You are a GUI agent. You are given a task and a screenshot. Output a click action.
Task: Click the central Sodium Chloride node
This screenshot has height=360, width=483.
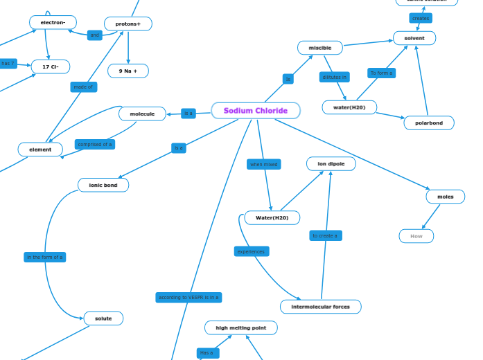pyautogui.click(x=256, y=111)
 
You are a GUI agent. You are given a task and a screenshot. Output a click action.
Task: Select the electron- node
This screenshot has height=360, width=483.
pyautogui.click(x=53, y=23)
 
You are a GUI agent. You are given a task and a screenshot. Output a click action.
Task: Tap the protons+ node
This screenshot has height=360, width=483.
pyautogui.click(x=128, y=24)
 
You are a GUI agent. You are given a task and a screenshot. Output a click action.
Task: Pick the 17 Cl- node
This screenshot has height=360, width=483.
pyautogui.click(x=51, y=67)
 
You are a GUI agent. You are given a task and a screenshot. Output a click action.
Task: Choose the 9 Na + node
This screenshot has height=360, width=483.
pyautogui.click(x=128, y=71)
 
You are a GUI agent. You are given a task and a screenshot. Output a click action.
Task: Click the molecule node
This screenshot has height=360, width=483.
pyautogui.click(x=142, y=114)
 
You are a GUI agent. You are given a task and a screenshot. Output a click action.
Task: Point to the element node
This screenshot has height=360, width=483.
pyautogui.click(x=40, y=150)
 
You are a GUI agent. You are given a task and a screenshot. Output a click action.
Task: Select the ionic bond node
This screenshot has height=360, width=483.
pyautogui.click(x=103, y=185)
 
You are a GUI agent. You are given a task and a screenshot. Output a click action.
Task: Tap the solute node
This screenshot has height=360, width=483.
pyautogui.click(x=103, y=318)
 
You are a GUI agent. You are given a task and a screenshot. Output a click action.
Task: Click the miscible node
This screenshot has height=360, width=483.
pyautogui.click(x=320, y=48)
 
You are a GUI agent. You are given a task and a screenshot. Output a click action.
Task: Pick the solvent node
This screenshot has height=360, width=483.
pyautogui.click(x=414, y=38)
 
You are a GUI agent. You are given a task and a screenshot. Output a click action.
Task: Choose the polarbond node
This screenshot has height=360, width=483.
pyautogui.click(x=429, y=123)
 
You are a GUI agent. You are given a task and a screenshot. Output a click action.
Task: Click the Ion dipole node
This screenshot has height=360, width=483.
pyautogui.click(x=331, y=164)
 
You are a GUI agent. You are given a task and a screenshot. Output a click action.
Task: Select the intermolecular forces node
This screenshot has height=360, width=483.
pyautogui.click(x=321, y=307)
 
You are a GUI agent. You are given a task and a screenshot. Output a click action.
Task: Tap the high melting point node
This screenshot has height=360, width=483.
pyautogui.click(x=241, y=327)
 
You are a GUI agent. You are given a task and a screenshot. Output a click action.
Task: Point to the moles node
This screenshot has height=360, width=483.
pyautogui.click(x=446, y=197)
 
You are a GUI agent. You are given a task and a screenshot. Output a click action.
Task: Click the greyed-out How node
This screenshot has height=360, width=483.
pyautogui.click(x=416, y=236)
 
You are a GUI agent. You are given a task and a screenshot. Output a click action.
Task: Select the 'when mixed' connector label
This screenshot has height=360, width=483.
pyautogui.click(x=264, y=164)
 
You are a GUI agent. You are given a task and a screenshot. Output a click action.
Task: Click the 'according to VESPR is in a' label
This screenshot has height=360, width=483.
pyautogui.click(x=188, y=298)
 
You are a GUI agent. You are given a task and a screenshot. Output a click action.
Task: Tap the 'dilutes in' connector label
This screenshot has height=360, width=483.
pyautogui.click(x=335, y=77)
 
